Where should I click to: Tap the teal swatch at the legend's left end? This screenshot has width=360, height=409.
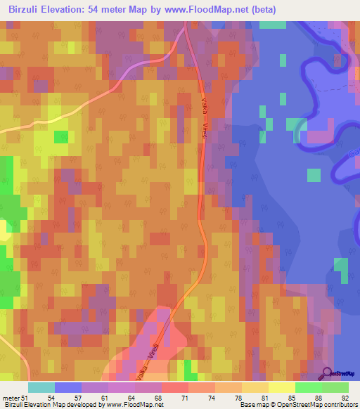[x=41, y=387]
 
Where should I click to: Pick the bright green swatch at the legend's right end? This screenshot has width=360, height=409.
[x=335, y=387]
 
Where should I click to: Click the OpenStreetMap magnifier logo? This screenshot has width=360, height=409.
[x=326, y=374]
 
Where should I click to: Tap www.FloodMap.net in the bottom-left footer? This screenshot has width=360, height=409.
[x=134, y=405]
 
